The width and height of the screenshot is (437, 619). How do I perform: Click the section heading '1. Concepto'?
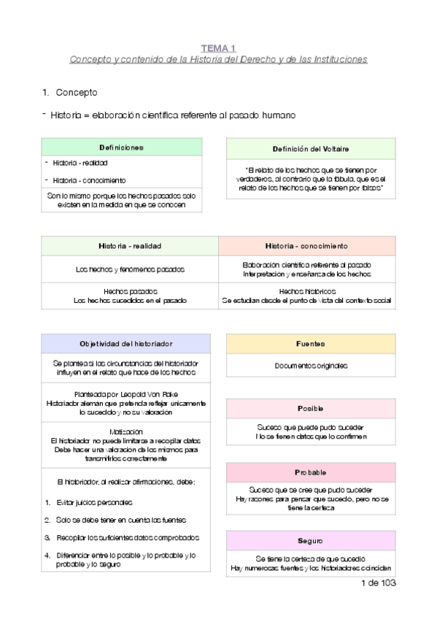70,93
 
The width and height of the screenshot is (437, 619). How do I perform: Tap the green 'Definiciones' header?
121,147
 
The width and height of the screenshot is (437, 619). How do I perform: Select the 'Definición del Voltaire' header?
311,149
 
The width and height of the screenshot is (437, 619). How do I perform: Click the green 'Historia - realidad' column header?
130,246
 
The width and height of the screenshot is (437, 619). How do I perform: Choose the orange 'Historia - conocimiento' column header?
306,246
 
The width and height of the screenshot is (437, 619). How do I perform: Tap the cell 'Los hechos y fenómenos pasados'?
130,269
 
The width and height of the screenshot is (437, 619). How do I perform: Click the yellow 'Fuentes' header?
311,344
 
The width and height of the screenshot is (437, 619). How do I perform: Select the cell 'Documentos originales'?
311,366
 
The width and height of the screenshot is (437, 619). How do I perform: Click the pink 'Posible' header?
311,409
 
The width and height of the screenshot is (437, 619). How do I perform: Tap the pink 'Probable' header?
311,472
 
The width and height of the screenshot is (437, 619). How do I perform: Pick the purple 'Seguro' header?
311,541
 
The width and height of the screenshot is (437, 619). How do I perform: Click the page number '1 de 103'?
378,584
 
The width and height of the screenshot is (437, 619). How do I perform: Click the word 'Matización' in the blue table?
126,431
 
